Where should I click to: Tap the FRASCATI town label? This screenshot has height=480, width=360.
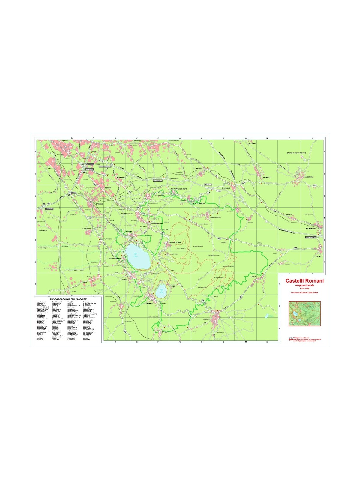(137, 199)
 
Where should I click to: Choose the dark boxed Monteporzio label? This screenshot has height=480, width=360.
(157, 181)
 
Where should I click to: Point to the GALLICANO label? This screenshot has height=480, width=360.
(252, 143)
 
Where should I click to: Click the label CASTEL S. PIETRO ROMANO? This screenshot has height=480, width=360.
(296, 153)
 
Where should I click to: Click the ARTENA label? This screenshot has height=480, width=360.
(318, 257)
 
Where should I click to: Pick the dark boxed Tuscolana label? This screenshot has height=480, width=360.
(90, 164)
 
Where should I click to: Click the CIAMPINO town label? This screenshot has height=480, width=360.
(99, 204)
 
